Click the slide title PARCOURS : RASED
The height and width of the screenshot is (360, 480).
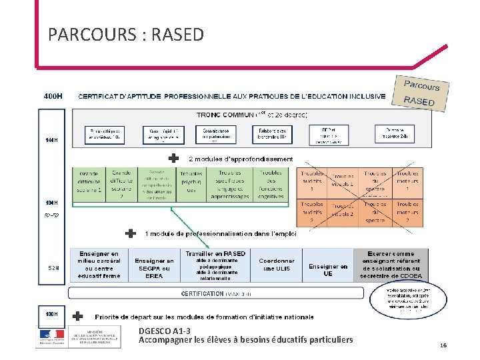(x=126, y=34)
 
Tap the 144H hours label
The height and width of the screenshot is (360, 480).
(x=51, y=140)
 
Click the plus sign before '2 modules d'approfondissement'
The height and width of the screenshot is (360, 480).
(x=173, y=159)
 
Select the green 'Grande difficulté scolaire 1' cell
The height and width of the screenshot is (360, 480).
(x=89, y=181)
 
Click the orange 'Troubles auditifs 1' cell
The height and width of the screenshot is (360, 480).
(x=311, y=181)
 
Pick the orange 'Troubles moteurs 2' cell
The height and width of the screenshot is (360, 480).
(x=407, y=212)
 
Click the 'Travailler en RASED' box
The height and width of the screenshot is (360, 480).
(x=216, y=265)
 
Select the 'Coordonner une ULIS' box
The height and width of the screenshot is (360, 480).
(x=277, y=265)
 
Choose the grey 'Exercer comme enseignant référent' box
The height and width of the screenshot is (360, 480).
(x=390, y=265)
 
